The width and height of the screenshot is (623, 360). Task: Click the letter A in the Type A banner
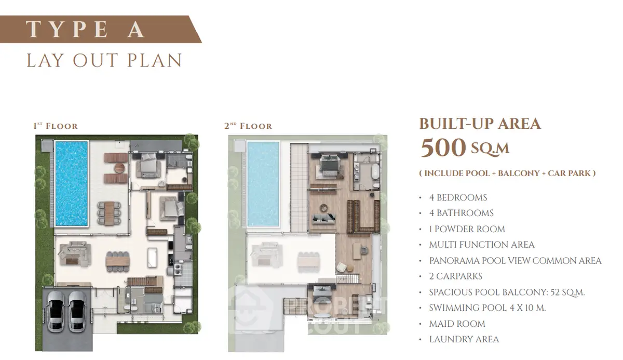click(136, 29)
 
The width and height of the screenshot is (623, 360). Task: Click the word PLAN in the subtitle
click(155, 60)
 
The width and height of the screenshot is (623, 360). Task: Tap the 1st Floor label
click(56, 126)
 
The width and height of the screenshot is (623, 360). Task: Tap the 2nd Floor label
click(248, 126)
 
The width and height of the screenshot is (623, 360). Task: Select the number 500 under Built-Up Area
click(443, 148)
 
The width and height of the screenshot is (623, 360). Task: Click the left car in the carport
click(56, 311)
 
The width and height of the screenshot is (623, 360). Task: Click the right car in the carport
click(77, 312)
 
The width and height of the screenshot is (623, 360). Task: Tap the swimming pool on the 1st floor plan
click(72, 183)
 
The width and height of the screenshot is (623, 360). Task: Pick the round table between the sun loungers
click(119, 168)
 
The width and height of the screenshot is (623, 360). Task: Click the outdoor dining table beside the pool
click(109, 213)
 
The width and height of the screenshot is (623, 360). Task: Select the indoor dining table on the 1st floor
click(117, 261)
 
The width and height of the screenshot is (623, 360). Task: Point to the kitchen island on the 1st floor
click(152, 258)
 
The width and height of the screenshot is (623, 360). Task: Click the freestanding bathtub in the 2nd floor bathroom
click(375, 172)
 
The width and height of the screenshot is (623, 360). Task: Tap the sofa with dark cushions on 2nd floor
click(324, 219)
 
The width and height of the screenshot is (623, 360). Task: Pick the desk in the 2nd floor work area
click(357, 251)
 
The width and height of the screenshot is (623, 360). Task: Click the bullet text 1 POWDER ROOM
click(467, 229)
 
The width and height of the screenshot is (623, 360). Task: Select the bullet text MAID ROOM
click(457, 324)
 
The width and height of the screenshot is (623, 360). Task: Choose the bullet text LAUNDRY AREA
click(464, 339)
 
